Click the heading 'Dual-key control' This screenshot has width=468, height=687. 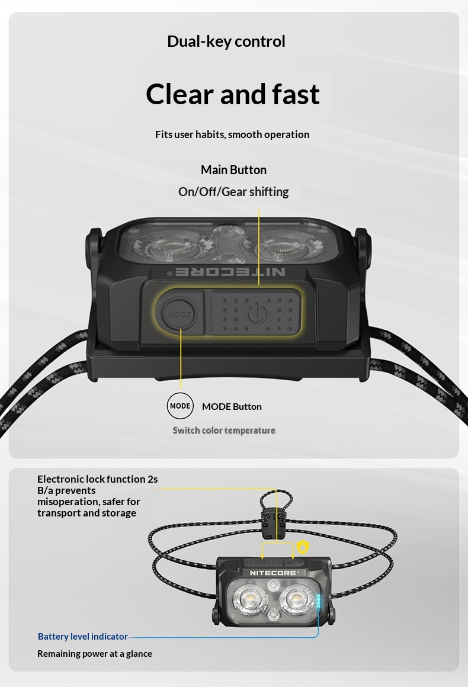click(x=226, y=41)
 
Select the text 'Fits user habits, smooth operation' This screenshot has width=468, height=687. click(x=232, y=134)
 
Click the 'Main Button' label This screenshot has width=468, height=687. click(x=233, y=169)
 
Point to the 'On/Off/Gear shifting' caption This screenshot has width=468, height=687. click(x=233, y=192)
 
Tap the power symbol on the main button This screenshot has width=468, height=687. click(x=257, y=313)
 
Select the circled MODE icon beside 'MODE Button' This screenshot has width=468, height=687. click(x=180, y=406)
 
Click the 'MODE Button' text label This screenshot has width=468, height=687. click(x=232, y=407)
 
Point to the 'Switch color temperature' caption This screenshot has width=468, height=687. click(x=224, y=430)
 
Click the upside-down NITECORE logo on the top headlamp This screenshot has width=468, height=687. click(x=230, y=272)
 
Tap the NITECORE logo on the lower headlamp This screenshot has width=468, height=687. click(x=274, y=573)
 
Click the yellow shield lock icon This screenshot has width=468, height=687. click(x=303, y=547)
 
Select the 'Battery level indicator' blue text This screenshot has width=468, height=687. click(x=83, y=636)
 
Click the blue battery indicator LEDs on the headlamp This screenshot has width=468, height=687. click(x=319, y=601)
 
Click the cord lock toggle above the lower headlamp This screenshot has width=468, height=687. click(x=271, y=523)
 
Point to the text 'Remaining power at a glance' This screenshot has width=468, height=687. click(x=95, y=654)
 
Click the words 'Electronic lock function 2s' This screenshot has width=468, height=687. click(x=97, y=479)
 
